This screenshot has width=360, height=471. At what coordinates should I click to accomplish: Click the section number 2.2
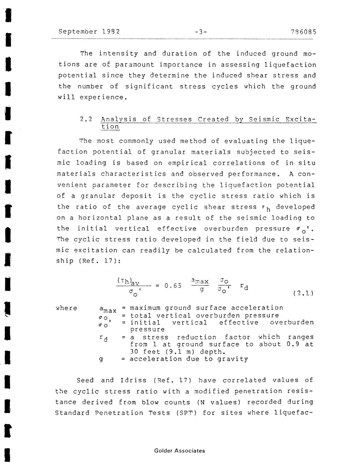(86, 119)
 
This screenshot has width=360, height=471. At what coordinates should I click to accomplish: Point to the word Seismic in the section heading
(264, 119)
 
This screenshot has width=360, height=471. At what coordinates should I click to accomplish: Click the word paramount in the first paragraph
(134, 65)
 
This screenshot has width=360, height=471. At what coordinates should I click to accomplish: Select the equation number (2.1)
(303, 293)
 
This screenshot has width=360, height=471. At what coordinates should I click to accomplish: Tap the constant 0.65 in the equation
(173, 286)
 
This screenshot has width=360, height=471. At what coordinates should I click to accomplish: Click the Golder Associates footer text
(179, 451)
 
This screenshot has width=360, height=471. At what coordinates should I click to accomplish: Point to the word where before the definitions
(67, 308)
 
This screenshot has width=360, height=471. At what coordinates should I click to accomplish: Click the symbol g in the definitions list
(101, 359)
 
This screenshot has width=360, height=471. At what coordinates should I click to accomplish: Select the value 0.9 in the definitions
(293, 344)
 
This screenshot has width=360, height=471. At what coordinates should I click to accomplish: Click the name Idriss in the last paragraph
(133, 380)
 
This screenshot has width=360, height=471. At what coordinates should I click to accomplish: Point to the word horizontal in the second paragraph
(100, 218)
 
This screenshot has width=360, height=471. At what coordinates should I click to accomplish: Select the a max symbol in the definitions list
(107, 309)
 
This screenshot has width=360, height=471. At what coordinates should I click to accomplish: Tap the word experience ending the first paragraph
(103, 97)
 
